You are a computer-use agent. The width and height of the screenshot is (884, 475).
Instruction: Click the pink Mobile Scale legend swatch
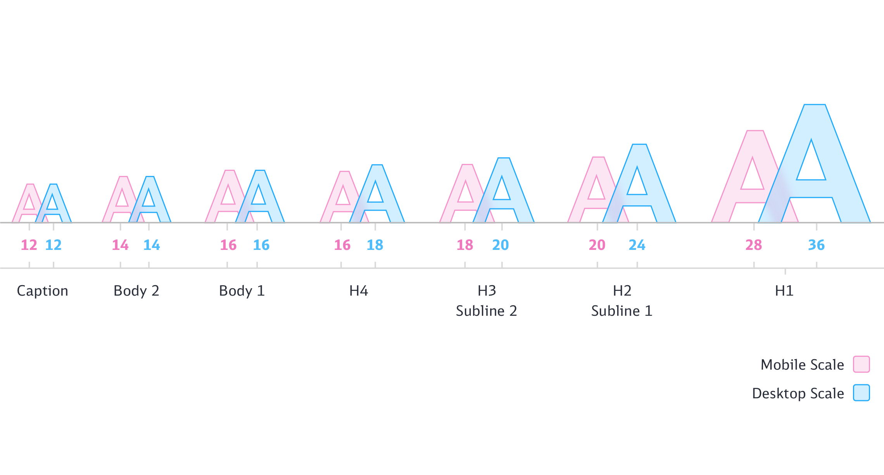click(x=861, y=364)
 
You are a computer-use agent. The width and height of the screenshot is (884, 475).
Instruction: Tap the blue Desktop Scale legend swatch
click(x=861, y=392)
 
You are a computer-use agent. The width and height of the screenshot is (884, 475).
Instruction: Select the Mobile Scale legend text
click(x=802, y=365)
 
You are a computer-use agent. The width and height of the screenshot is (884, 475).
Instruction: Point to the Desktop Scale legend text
click(x=798, y=393)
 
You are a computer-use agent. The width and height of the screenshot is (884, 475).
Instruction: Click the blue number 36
click(x=816, y=245)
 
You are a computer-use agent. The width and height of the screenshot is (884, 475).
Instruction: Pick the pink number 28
click(x=753, y=245)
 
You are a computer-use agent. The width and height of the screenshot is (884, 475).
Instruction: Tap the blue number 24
click(x=637, y=245)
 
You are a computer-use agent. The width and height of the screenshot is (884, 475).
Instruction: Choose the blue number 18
click(x=375, y=245)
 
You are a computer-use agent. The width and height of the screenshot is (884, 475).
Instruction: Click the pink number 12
click(x=29, y=245)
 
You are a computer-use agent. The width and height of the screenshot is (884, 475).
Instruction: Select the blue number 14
click(x=152, y=245)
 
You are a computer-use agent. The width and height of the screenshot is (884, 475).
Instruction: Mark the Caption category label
click(x=42, y=291)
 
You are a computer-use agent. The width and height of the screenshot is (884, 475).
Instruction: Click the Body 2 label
click(x=136, y=291)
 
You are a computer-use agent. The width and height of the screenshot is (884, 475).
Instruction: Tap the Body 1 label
click(x=242, y=291)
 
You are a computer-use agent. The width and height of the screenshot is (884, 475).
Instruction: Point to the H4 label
click(x=358, y=291)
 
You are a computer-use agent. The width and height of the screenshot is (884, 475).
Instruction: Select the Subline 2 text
click(x=486, y=311)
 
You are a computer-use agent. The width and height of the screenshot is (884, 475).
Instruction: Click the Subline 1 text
click(x=622, y=311)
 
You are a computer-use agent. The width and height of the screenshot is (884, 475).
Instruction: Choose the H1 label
click(x=784, y=291)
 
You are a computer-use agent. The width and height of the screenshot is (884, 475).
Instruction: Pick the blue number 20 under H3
click(x=500, y=245)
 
